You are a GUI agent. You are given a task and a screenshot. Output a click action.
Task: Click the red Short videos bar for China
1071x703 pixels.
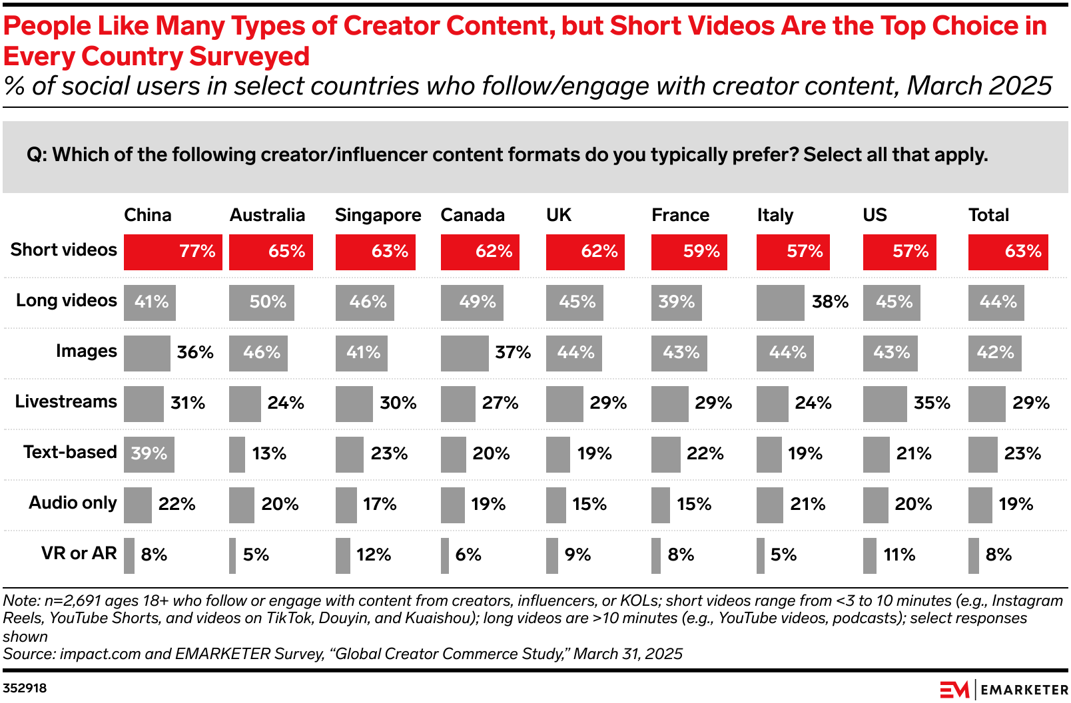pyautogui.click(x=173, y=252)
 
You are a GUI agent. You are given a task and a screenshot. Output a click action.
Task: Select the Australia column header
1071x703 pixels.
pyautogui.click(x=267, y=215)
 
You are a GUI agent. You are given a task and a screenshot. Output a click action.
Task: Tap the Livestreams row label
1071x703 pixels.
pyautogui.click(x=65, y=401)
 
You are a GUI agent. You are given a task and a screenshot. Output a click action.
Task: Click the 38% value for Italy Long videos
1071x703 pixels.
pyautogui.click(x=830, y=302)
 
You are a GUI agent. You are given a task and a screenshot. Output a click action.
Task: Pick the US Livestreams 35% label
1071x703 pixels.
pyautogui.click(x=932, y=403)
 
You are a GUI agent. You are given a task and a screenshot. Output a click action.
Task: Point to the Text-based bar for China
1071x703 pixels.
pyautogui.click(x=149, y=454)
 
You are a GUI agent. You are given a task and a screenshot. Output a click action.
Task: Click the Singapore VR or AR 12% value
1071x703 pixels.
pyautogui.click(x=374, y=555)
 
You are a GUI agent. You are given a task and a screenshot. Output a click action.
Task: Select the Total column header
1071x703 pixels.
pyautogui.click(x=988, y=215)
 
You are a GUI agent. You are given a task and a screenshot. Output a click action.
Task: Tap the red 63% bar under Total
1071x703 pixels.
pyautogui.click(x=1008, y=252)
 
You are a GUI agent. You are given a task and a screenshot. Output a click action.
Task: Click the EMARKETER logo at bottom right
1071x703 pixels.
pyautogui.click(x=1003, y=690)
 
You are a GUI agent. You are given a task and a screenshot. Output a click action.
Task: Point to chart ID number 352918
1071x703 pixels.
pyautogui.click(x=25, y=688)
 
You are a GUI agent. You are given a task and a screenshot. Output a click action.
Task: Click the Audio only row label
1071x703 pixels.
pyautogui.click(x=73, y=503)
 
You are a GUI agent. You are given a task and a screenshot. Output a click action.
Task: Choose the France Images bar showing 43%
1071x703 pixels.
pyautogui.click(x=679, y=353)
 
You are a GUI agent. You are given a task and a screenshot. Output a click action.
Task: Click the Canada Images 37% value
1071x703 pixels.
pyautogui.click(x=513, y=352)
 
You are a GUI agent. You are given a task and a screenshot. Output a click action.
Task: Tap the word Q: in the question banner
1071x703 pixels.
pyautogui.click(x=37, y=155)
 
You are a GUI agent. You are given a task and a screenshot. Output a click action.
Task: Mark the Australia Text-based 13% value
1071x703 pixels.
pyautogui.click(x=269, y=453)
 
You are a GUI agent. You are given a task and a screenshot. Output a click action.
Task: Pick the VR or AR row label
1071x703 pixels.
pyautogui.click(x=79, y=553)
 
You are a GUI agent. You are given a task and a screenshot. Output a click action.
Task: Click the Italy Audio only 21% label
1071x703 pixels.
pyautogui.click(x=807, y=504)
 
